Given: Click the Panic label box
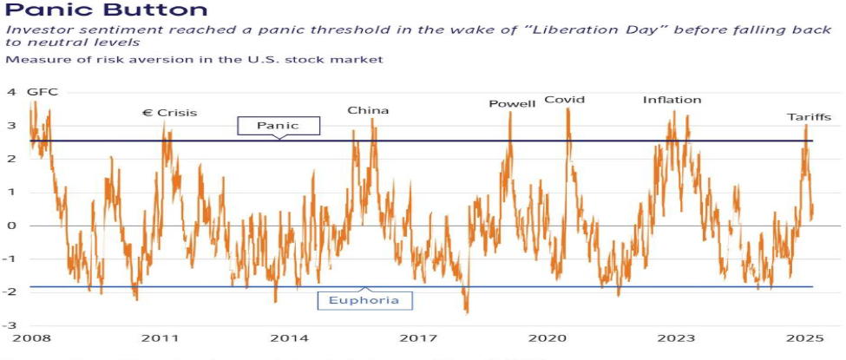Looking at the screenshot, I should coord(278,126).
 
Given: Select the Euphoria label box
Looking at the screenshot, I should coord(364,300).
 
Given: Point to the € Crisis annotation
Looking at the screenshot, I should coord(169,113).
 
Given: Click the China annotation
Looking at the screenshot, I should coord(368,110).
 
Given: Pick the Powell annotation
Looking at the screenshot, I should coord(512,104).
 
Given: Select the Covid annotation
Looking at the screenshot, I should coord(564,100).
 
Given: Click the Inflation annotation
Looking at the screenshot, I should coord(672,100).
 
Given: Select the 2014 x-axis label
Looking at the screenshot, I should coord(287,337).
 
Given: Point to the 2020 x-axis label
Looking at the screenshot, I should coord(547,337).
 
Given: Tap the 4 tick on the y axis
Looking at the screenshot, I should coord(11,92).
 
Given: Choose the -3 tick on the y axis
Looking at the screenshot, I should coord(10,325).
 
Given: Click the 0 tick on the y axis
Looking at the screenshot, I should coord(11,226).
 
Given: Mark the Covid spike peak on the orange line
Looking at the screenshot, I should coord(567,110).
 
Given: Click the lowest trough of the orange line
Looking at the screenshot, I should coord(467,312).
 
